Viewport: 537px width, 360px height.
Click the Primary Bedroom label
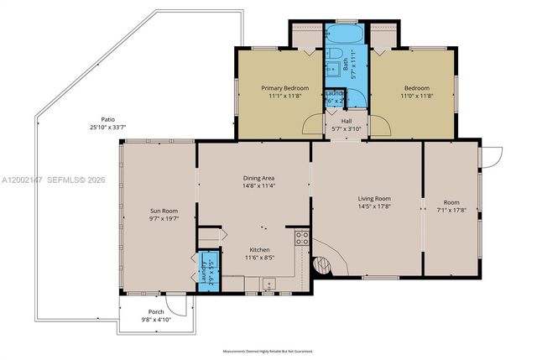[284, 88]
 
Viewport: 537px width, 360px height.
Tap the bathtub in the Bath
[341, 35]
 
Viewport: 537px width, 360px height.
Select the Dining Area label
[258, 178]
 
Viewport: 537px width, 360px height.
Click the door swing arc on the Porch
[175, 303]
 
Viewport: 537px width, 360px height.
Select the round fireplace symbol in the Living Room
[323, 266]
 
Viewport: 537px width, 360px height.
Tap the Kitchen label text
[259, 250]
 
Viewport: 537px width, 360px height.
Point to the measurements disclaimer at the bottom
[268, 352]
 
